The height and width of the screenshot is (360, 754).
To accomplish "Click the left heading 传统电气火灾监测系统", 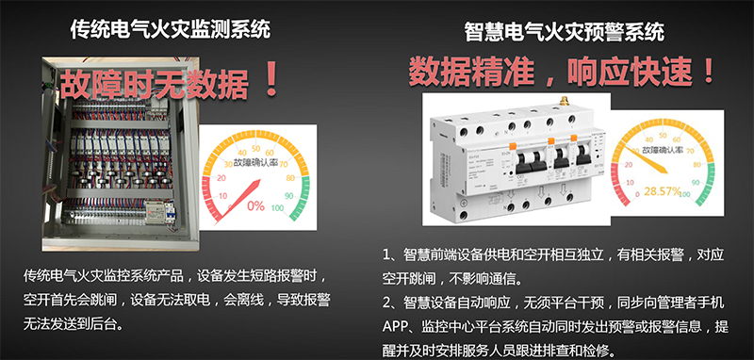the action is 171,29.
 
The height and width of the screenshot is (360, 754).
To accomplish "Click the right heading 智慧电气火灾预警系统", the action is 565,32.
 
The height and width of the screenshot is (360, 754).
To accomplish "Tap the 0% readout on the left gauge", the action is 255,205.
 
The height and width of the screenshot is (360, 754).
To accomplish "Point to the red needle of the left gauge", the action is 238,202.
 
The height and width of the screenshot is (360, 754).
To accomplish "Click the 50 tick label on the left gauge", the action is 256,148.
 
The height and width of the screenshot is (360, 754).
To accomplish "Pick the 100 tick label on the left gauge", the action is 277,208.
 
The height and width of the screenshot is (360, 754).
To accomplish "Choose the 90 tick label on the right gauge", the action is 696,183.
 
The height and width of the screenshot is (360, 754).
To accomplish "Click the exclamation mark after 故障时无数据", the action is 271,80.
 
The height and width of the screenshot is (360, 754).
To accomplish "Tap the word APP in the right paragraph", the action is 394,327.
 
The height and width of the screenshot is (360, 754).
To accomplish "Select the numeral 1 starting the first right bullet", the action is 386,255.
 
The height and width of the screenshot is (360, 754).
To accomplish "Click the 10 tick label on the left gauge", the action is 222,196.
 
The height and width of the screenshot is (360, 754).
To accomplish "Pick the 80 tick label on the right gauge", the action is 697,165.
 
